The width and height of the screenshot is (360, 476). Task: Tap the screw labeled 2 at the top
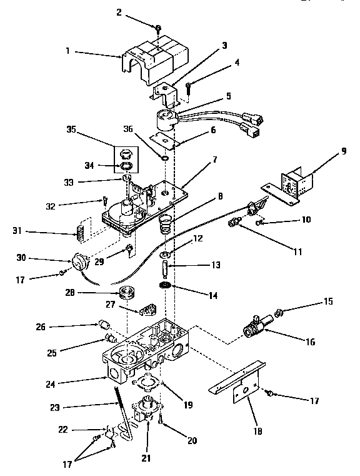coord(159,29)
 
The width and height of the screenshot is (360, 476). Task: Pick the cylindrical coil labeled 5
coord(167,119)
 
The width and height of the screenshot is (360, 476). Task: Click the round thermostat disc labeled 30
coord(80,260)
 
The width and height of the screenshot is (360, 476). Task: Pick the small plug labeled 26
coord(104,324)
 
